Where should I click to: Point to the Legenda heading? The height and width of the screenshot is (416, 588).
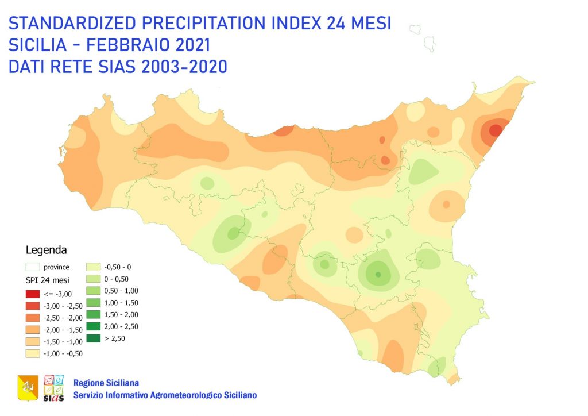[47, 251]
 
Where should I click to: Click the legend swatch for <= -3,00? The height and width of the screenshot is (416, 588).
[33, 294]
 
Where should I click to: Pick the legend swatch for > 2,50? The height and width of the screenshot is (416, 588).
[94, 338]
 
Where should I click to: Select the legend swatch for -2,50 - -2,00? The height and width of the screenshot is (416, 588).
[33, 318]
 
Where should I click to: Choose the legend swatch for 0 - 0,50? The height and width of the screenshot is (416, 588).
[94, 279]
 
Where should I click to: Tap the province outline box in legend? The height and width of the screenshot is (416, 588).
[33, 267]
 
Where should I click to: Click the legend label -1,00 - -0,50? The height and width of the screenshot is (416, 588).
[63, 353]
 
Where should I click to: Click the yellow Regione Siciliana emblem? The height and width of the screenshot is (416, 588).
[28, 388]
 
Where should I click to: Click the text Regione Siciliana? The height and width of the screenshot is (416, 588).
[106, 383]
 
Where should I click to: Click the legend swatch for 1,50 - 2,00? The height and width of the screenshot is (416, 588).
[94, 314]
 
